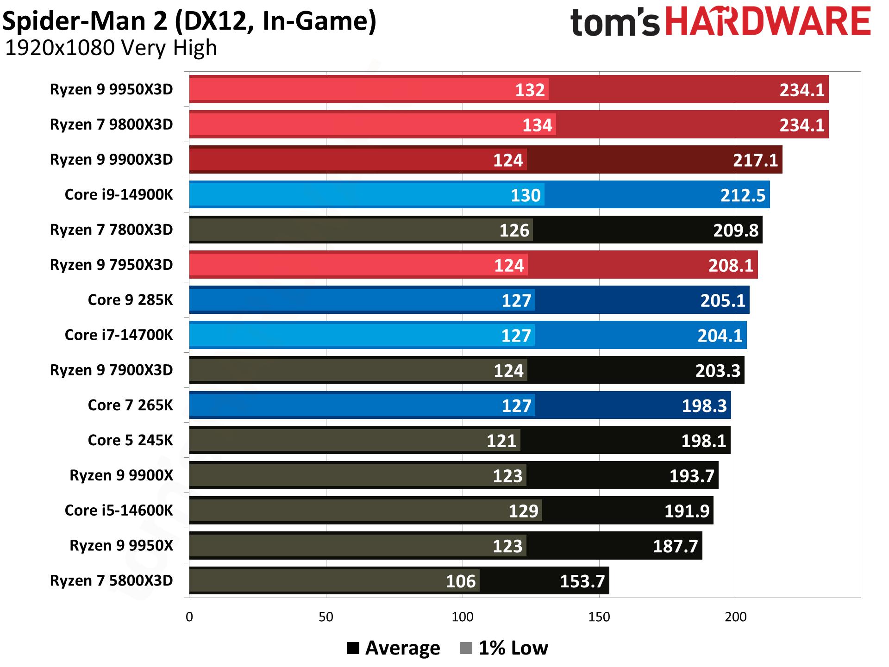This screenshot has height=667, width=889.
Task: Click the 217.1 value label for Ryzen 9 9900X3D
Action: point(755,160)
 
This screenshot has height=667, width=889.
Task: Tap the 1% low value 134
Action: point(537,125)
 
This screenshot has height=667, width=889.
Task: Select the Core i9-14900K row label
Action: point(119,194)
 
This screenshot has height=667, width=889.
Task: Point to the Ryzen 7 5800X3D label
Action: point(111,580)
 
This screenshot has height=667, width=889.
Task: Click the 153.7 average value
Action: point(582,581)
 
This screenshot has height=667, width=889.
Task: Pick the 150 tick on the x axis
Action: point(599,617)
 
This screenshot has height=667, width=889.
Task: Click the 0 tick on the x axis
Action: point(189,617)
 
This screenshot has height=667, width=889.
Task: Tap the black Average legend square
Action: point(353,648)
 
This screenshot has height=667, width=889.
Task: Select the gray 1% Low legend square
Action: point(466,648)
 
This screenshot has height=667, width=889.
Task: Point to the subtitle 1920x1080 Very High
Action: point(111,48)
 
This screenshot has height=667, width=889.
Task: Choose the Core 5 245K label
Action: point(130,440)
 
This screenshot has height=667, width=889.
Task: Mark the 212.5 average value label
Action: point(743,195)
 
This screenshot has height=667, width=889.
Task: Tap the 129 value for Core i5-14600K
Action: point(523,511)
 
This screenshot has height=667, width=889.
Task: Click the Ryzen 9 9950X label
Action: point(121,545)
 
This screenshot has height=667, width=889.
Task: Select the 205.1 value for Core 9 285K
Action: point(722,300)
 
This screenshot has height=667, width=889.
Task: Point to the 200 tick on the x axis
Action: point(736,617)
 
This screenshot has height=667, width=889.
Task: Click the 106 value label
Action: point(461,581)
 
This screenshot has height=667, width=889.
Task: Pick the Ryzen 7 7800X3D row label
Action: point(111,230)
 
